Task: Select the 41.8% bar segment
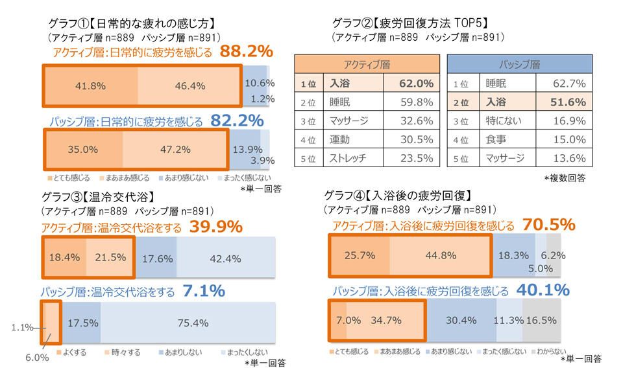coord(91,85)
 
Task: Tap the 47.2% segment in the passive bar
coord(175,149)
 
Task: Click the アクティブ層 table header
coord(366,65)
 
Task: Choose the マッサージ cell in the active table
coord(348,121)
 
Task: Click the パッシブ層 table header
coord(520,65)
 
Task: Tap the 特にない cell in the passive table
coord(504,121)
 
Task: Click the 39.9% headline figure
coord(216,227)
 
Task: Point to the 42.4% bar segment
coord(225,257)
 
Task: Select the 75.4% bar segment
coord(188,322)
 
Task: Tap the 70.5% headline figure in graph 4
coord(549,225)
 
